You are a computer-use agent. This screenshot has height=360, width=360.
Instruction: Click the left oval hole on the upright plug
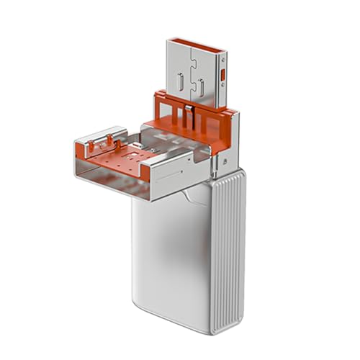coord(181,79)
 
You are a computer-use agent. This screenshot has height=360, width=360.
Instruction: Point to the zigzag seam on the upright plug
coord(192,61)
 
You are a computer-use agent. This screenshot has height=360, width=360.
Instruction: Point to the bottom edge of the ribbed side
coord(229,328)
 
